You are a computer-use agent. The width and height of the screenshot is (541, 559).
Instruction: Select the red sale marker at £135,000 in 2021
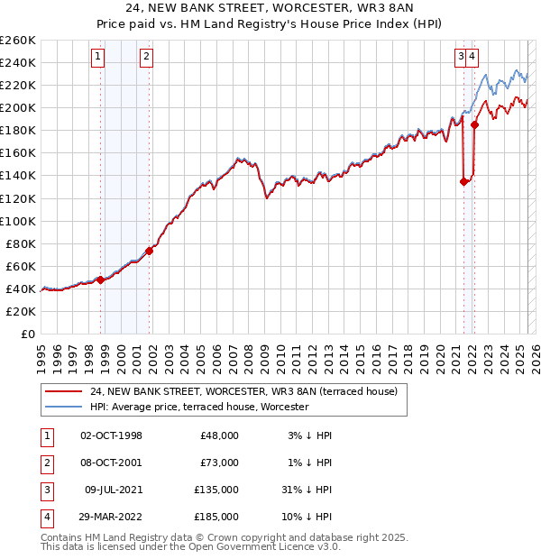pyautogui.click(x=463, y=181)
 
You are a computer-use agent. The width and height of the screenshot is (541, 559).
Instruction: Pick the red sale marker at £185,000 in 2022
pyautogui.click(x=474, y=125)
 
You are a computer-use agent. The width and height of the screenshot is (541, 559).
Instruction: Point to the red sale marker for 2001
pyautogui.click(x=150, y=251)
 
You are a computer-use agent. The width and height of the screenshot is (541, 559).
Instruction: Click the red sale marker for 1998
pyautogui.click(x=101, y=279)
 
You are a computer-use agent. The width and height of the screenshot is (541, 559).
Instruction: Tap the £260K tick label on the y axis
pyautogui.click(x=18, y=41)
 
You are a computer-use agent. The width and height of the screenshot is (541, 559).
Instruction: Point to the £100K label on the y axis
pyautogui.click(x=18, y=221)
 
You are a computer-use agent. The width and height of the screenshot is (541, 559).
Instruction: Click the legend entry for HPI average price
pyautogui.click(x=198, y=408)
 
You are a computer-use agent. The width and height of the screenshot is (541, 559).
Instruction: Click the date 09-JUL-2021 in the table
pyautogui.click(x=111, y=491)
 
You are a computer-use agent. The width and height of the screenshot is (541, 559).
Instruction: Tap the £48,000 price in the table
pyautogui.click(x=218, y=435)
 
